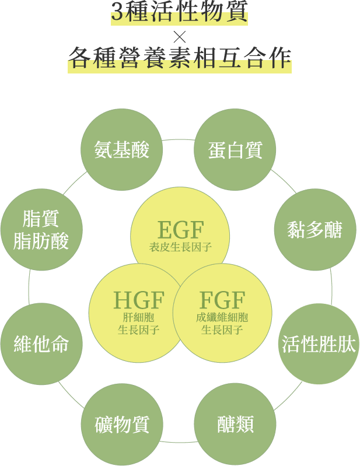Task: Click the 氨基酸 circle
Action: tap(121, 150)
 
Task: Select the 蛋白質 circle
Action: tap(235, 150)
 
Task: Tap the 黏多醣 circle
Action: tap(315, 229)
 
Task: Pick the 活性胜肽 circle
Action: tap(319, 344)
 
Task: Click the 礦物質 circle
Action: tap(121, 424)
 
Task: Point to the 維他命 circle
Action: tap(41, 344)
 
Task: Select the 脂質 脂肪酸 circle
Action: tap(41, 229)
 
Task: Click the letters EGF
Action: tap(180, 229)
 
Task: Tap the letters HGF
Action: tap(139, 300)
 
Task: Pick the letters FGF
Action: tap(222, 300)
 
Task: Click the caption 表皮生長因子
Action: tap(180, 247)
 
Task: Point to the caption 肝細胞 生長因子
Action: tap(139, 324)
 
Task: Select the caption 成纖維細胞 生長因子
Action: tap(222, 324)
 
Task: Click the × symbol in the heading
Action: tap(180, 36)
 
